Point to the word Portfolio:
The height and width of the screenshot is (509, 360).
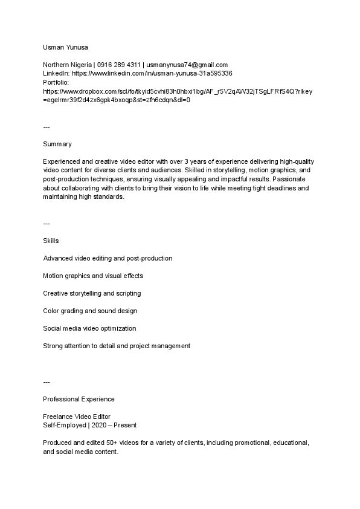click(57, 82)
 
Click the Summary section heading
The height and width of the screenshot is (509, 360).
click(57, 144)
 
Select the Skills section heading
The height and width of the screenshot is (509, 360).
click(51, 241)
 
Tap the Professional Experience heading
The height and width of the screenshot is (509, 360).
click(79, 399)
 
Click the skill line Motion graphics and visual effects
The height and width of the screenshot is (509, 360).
click(93, 276)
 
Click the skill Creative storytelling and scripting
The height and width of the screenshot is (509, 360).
click(92, 293)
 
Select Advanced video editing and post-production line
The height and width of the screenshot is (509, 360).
click(108, 258)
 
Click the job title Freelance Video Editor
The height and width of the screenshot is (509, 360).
click(76, 417)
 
